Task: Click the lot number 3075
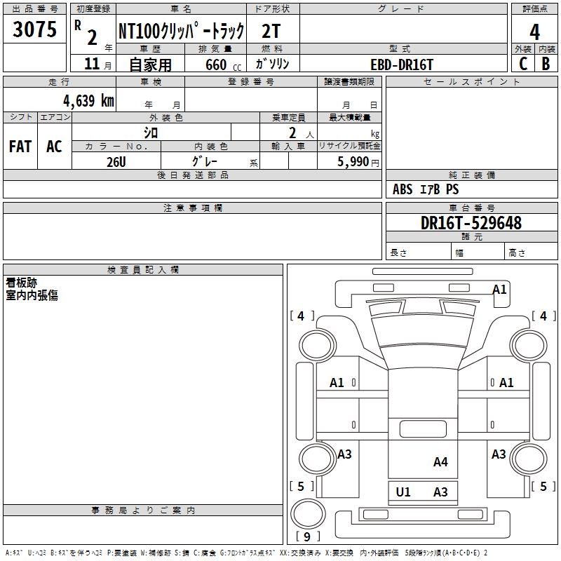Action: pyautogui.click(x=34, y=30)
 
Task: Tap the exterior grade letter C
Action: pyautogui.click(x=523, y=64)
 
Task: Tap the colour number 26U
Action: pyautogui.click(x=116, y=161)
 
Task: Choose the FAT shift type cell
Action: pyautogui.click(x=20, y=147)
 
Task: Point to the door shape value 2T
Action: pyautogui.click(x=271, y=31)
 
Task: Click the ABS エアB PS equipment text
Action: pyautogui.click(x=426, y=189)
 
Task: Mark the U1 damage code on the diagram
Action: pyautogui.click(x=403, y=492)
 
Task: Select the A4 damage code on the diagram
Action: pyautogui.click(x=440, y=462)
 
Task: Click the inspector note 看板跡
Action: pyautogui.click(x=22, y=283)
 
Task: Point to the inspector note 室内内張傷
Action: pyautogui.click(x=32, y=295)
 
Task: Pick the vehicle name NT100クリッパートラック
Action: pyautogui.click(x=181, y=31)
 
